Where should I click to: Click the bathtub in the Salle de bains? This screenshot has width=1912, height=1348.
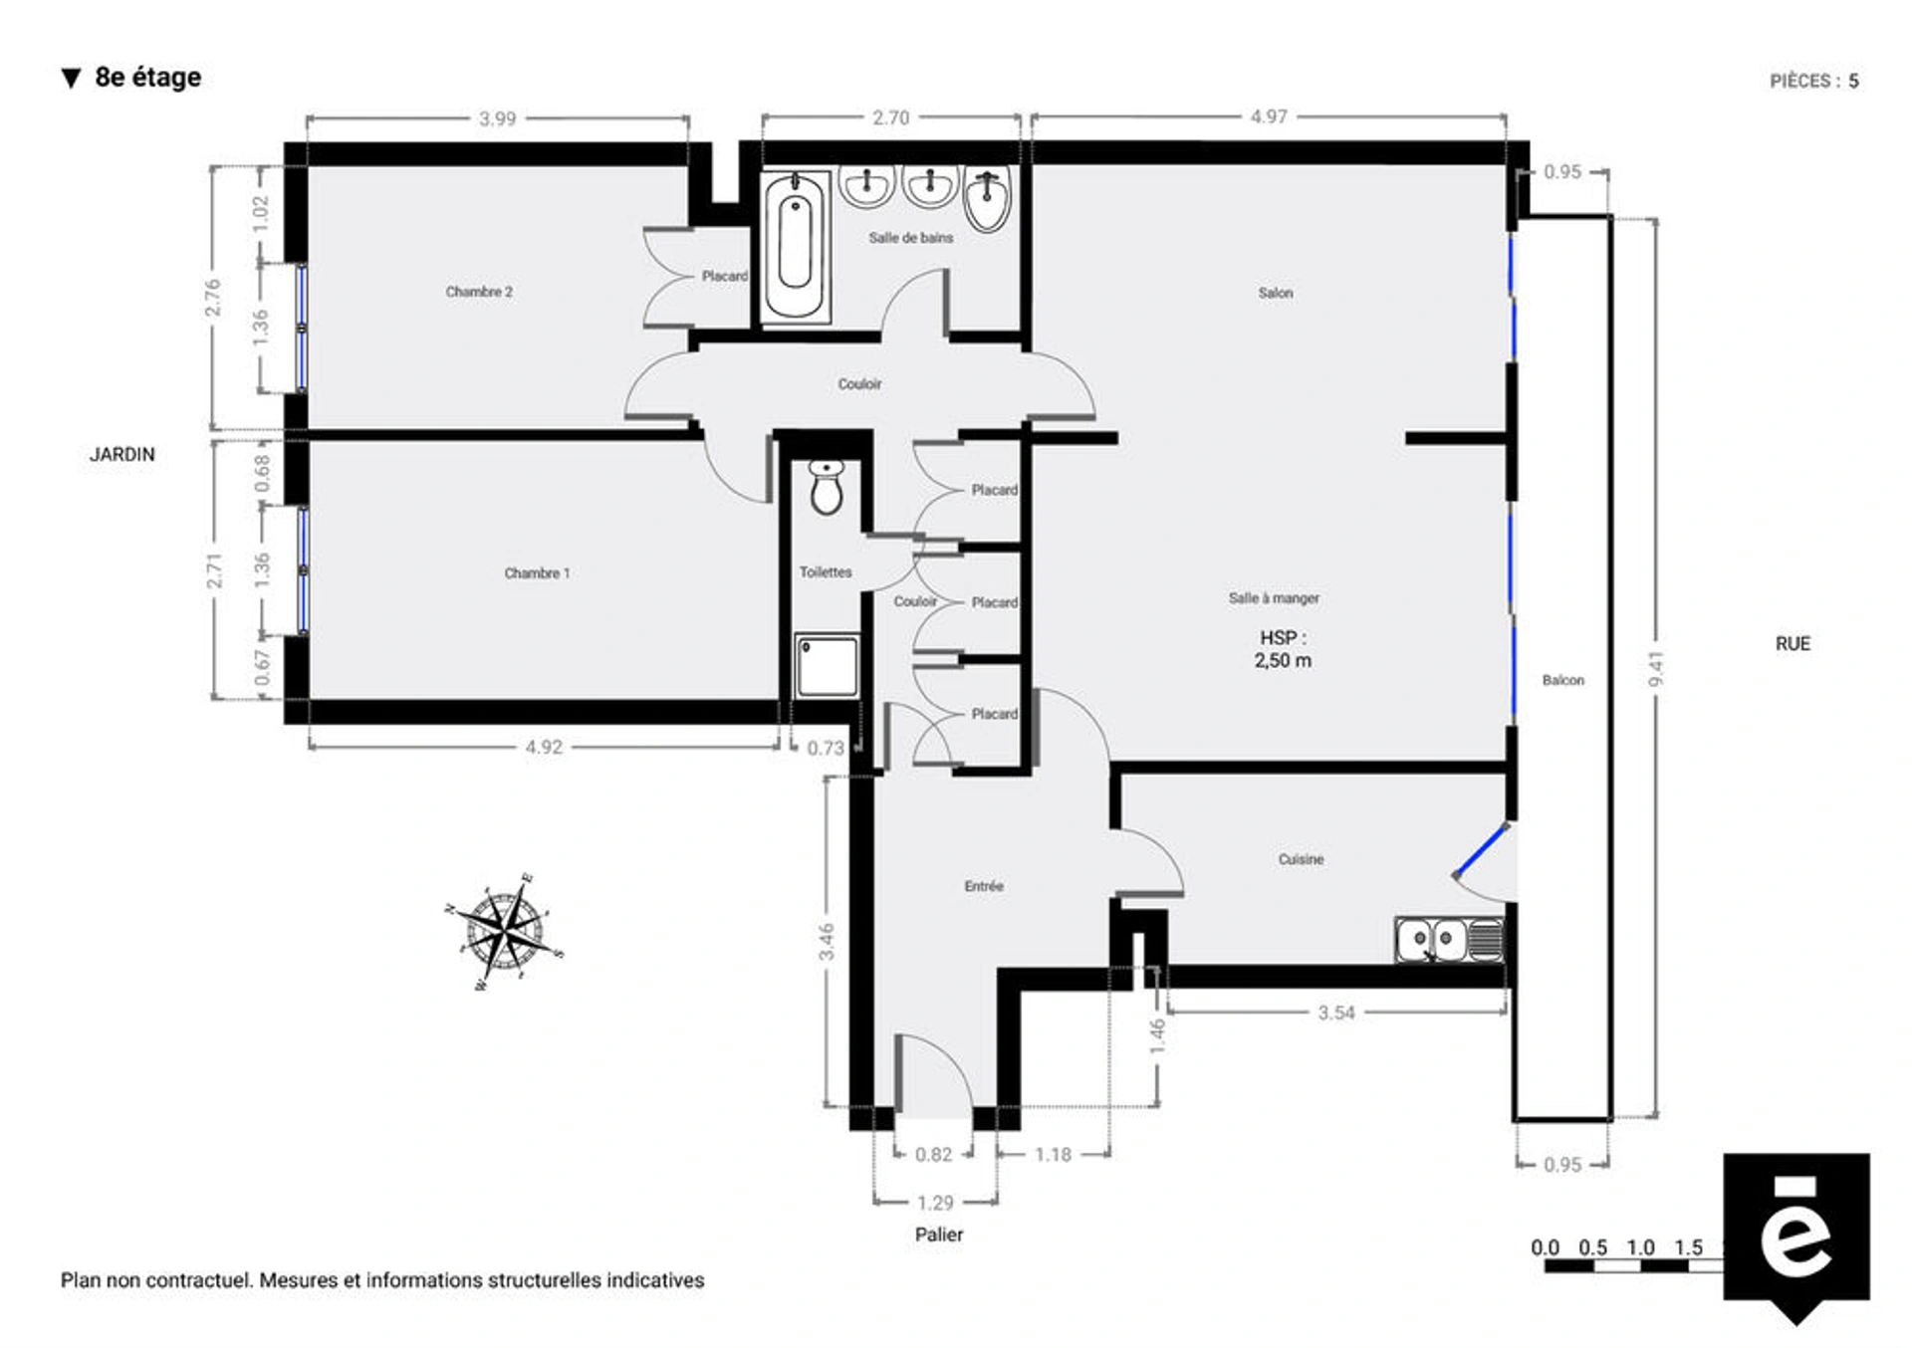[x=795, y=246]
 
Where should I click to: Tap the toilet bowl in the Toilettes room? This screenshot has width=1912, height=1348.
[x=826, y=488]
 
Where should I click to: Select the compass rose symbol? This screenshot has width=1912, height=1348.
[x=506, y=932]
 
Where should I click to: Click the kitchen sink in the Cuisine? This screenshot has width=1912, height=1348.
[x=1449, y=940]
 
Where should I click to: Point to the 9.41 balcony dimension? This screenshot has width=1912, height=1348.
[x=1656, y=669]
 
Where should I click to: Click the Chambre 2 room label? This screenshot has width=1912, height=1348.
[x=479, y=292]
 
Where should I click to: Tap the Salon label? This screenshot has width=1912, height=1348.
[x=1275, y=293]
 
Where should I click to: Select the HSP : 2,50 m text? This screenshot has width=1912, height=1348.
[x=1283, y=649]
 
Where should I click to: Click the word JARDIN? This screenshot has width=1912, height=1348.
[x=122, y=454]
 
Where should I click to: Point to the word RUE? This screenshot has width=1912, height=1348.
[x=1792, y=643]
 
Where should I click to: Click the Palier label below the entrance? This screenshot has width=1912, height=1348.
[x=938, y=1235]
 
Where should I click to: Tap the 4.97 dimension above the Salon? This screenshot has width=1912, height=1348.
[x=1269, y=116]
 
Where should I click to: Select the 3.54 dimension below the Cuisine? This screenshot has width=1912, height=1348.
[x=1336, y=1012]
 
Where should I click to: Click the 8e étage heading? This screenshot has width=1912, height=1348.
[x=147, y=77]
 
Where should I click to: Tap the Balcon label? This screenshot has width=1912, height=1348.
[x=1562, y=680]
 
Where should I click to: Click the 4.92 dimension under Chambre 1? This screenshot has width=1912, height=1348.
[x=544, y=747]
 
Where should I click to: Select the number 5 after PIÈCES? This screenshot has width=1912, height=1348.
[x=1853, y=81]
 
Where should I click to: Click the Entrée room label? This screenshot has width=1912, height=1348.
[x=983, y=886]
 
